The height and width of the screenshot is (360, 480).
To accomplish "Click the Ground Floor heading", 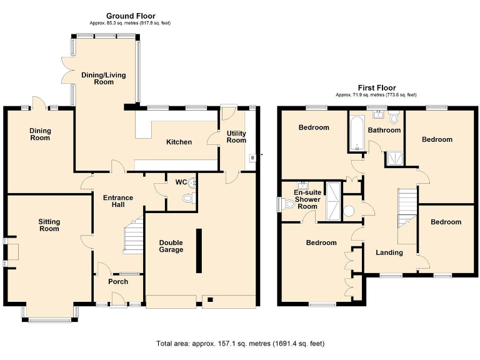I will coord(131,16).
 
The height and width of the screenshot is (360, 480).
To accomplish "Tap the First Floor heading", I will coord(376,88).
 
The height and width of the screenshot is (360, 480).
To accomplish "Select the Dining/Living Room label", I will coord(104,78).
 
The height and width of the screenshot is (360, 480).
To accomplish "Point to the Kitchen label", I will coord(179,142).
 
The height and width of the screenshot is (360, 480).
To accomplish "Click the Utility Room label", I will coord(236,137).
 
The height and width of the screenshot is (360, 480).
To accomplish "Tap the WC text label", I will coord(181,182).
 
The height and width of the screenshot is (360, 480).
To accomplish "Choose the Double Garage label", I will coord(171,246).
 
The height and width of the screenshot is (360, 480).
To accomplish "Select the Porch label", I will coord(118,281).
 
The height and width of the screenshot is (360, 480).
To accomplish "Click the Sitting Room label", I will coord(49,225).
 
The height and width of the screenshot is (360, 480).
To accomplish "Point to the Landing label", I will coord(389,252).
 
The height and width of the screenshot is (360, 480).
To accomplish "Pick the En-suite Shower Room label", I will coord(307,199).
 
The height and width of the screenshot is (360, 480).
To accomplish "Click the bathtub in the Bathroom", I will coord(356,134).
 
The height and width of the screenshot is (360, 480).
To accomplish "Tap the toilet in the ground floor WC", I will coord(187,199).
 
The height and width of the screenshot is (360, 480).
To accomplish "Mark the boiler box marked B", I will coord(252,157).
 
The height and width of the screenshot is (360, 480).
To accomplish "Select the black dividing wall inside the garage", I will coord(199,250).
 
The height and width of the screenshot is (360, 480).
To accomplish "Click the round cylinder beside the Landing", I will coord(349,211).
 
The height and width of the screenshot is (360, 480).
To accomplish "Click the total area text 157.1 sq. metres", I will coord(240,343).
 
